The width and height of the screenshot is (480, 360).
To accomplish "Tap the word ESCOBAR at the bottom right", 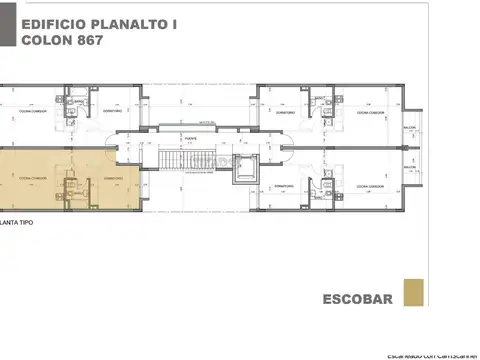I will click(x=357, y=298).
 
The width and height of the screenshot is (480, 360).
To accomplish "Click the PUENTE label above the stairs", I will click(x=188, y=139).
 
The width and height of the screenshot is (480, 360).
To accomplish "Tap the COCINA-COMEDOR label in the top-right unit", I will click(x=367, y=113).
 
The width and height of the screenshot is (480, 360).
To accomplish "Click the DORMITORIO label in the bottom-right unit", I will click(x=284, y=187).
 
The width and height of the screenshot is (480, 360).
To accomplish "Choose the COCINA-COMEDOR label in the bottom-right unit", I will click(x=367, y=187).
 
